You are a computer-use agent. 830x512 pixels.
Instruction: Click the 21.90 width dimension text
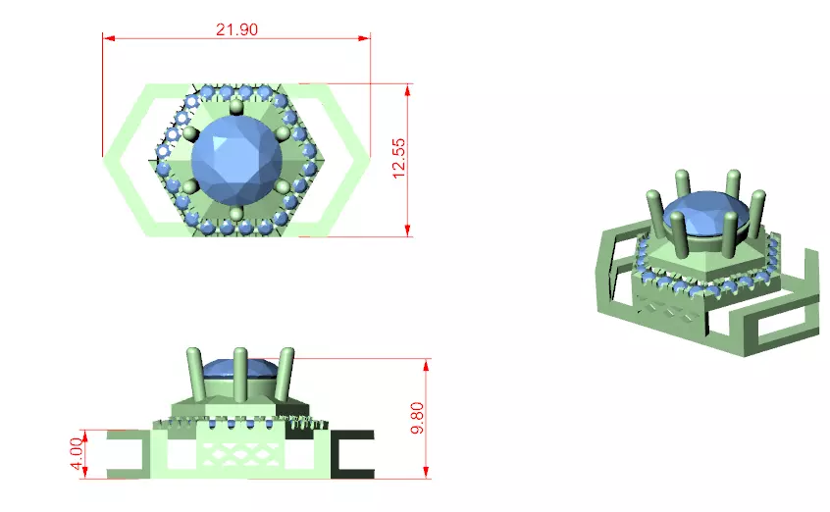coord(236,29)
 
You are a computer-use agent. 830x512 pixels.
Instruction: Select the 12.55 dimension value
coord(398,158)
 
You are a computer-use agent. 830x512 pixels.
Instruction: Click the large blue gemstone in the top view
coord(236,160)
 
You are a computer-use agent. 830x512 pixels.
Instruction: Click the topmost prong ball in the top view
coord(236,106)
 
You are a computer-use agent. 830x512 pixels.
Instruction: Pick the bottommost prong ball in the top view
coord(236,214)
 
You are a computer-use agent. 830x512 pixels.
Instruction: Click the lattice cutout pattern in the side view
coord(240,452)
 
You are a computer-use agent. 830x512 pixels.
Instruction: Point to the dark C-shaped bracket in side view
coord(350,454)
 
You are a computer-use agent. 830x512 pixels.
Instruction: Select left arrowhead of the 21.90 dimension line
coord(109,38)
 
